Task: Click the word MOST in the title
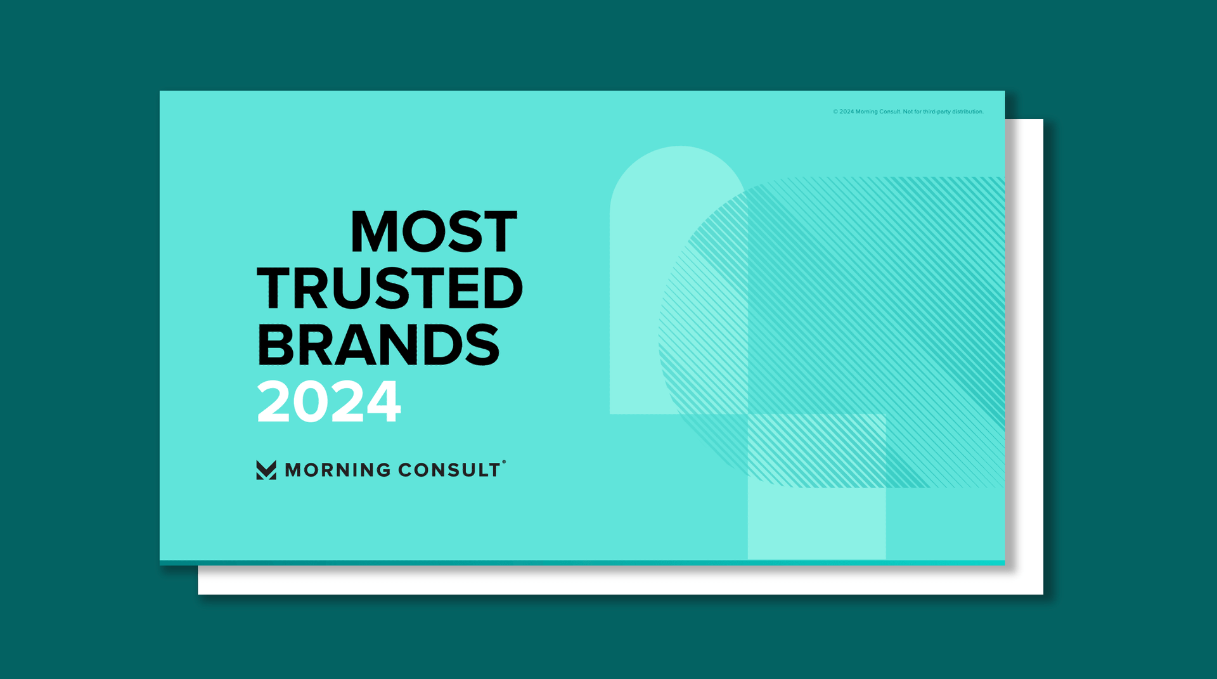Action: point(434,231)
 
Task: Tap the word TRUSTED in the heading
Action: point(390,288)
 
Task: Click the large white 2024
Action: point(329,401)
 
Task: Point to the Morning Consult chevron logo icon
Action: point(266,470)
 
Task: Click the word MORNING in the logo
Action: point(338,470)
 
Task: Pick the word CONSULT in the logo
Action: point(449,470)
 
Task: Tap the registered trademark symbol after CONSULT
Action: point(504,462)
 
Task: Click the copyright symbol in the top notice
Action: point(835,112)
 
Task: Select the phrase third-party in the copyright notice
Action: point(937,112)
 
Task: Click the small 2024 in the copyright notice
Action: point(847,112)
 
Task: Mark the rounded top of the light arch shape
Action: point(679,148)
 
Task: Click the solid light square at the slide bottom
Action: point(816,524)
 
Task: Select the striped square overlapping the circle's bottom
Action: point(816,451)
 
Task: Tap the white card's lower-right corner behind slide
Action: point(1043,594)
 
